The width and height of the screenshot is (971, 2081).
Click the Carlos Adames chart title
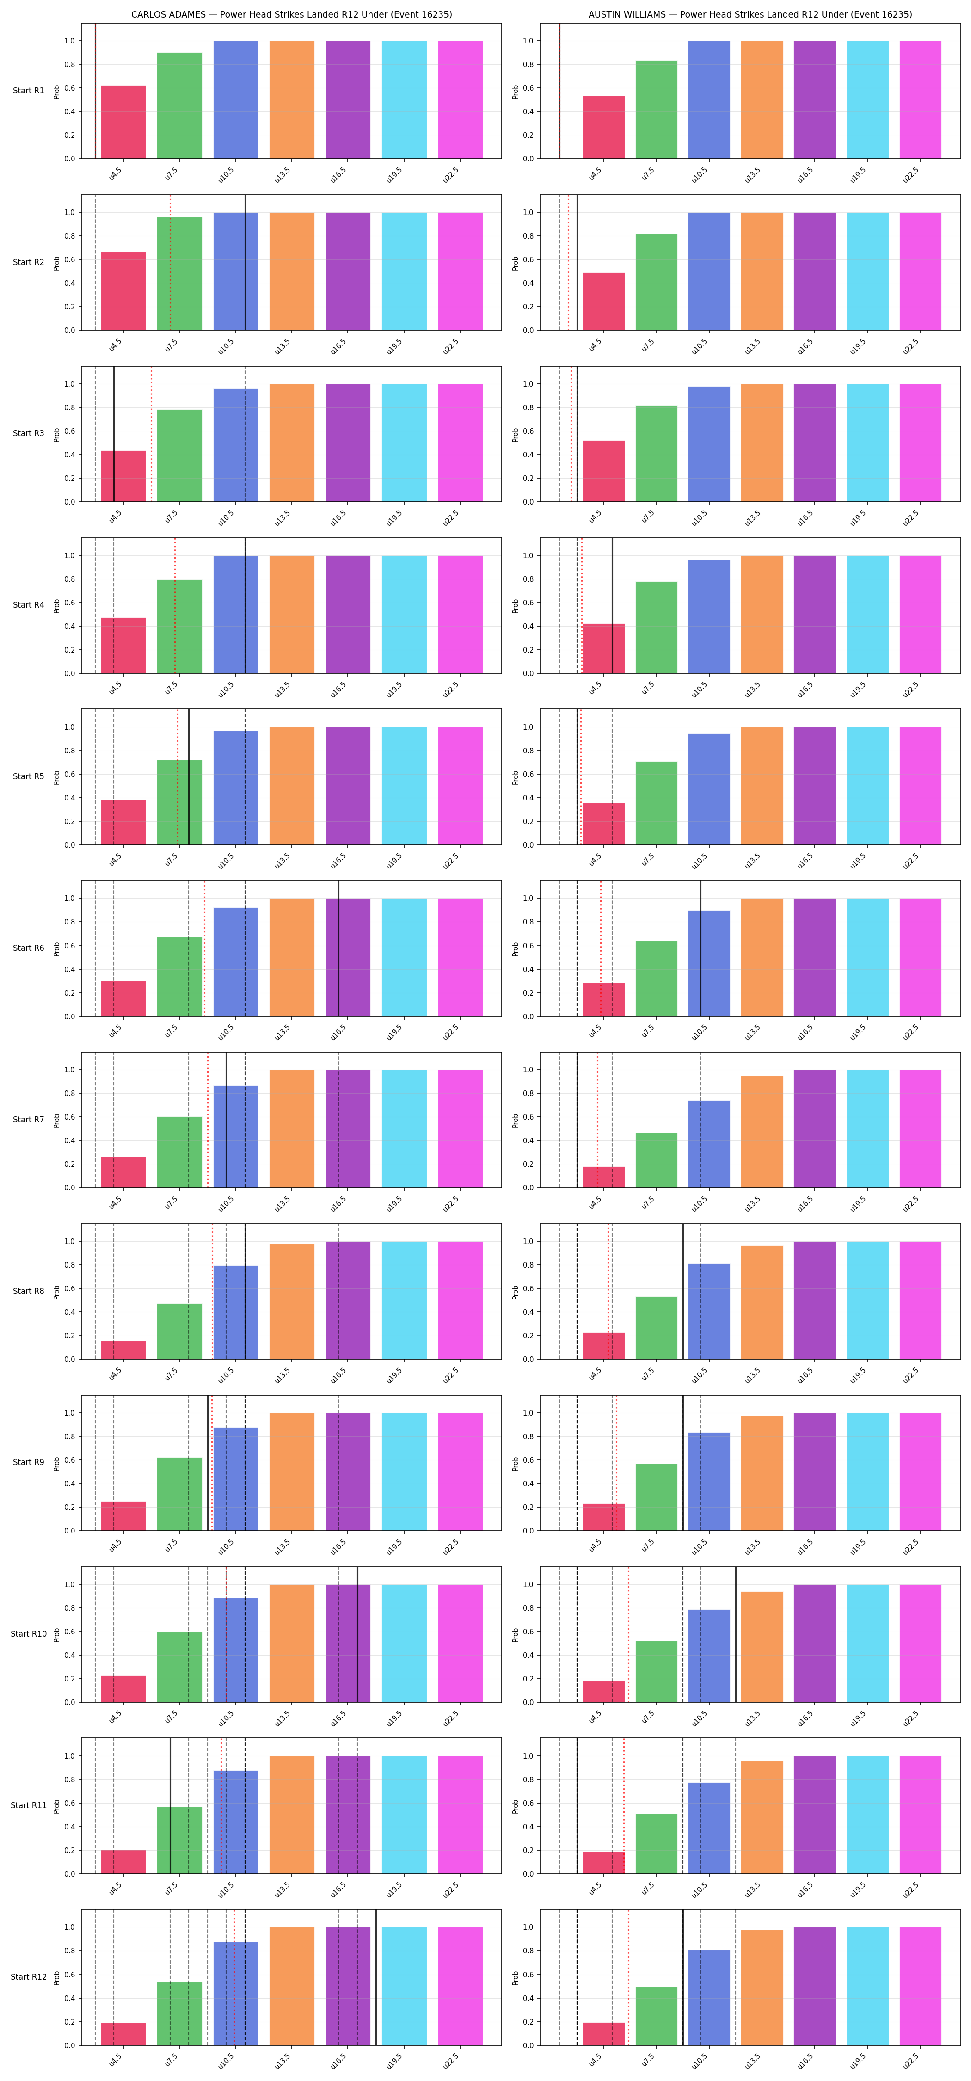(292, 14)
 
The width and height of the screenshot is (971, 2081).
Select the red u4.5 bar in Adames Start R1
(123, 122)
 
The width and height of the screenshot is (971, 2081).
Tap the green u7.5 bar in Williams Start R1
(657, 109)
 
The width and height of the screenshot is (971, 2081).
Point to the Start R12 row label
(28, 1977)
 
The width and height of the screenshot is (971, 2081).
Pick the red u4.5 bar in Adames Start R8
(123, 1350)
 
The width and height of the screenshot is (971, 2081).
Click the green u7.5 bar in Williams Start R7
(657, 1160)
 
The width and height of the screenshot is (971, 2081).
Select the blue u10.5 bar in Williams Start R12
(709, 1998)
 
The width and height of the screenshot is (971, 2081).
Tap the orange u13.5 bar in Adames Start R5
(292, 786)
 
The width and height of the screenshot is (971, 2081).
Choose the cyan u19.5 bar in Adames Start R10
(404, 1643)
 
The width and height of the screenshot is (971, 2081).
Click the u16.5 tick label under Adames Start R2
(338, 346)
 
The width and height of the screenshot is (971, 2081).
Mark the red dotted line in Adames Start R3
(151, 434)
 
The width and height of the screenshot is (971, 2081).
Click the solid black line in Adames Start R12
(375, 1977)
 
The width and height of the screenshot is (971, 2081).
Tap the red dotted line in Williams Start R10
(628, 1634)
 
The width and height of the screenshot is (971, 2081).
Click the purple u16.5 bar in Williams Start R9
(815, 1472)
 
